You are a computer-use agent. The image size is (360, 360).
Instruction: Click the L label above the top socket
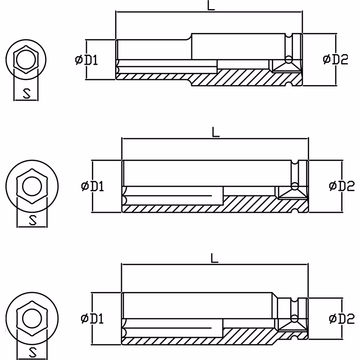(x=211, y=5)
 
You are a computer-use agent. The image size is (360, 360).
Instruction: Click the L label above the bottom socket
(x=214, y=258)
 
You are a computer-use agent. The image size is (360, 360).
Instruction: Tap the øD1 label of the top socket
(x=86, y=60)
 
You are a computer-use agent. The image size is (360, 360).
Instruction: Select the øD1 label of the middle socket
(x=93, y=186)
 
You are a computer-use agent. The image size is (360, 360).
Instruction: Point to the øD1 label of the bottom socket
(x=92, y=319)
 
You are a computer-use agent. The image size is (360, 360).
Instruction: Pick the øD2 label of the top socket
(x=335, y=59)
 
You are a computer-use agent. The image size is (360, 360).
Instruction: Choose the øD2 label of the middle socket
(x=342, y=186)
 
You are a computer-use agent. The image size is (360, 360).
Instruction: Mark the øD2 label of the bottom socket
(x=342, y=319)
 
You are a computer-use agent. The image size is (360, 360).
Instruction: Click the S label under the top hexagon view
(x=27, y=94)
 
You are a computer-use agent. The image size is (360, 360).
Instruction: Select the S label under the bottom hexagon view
(x=33, y=352)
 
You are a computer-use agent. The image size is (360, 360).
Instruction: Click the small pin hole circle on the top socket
(x=288, y=60)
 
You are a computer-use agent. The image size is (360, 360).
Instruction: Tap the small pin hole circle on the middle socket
(x=295, y=186)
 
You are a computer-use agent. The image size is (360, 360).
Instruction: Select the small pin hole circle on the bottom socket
(x=294, y=319)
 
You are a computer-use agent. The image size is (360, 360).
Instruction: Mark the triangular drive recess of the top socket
(x=287, y=67)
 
